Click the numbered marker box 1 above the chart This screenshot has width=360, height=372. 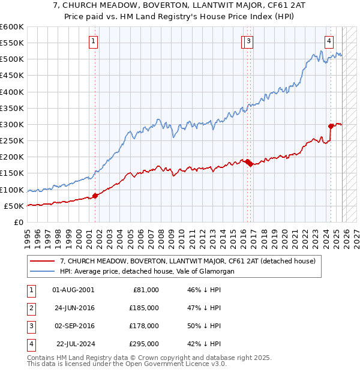pos(94,41)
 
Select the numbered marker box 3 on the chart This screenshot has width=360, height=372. pos(248,41)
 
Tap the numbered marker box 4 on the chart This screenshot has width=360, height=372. pos(329,41)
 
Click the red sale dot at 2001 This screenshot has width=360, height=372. pos(95,196)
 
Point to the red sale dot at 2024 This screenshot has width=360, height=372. pos(331,126)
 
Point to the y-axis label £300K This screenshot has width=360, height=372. pos(12,124)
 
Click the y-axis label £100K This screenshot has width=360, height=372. pos(12,190)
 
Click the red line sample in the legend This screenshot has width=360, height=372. pos(41,261)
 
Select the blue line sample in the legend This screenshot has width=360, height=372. pos(41,271)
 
